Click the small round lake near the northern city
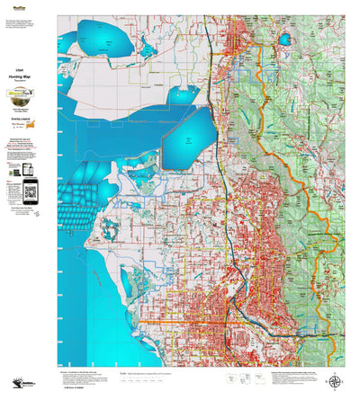click(285, 40)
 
